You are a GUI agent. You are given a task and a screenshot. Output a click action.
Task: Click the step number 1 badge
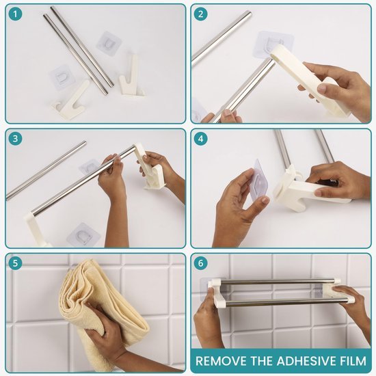(x=15, y=14)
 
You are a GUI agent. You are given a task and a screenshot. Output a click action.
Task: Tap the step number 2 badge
(x=200, y=14)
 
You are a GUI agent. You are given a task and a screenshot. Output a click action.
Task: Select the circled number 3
(x=15, y=138)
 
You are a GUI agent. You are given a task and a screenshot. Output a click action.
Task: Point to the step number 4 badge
(x=200, y=138)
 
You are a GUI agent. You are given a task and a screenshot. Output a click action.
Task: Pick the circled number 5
(x=15, y=263)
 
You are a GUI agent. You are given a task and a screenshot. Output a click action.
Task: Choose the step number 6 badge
(x=200, y=263)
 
